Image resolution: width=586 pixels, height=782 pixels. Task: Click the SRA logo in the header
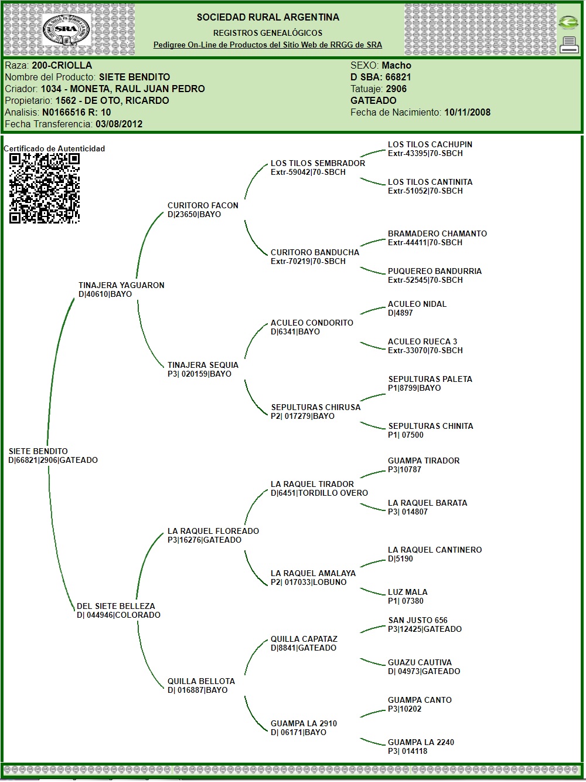(x=66, y=30)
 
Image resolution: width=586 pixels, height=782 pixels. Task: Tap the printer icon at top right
(x=568, y=45)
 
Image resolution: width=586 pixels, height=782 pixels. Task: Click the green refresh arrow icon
(x=568, y=22)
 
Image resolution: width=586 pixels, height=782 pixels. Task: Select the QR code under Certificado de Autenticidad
(x=45, y=188)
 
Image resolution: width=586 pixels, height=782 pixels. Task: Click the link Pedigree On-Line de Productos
(x=267, y=45)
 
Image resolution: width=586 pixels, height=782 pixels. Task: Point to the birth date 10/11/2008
(x=467, y=112)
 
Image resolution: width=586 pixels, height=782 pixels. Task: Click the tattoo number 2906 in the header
(x=396, y=89)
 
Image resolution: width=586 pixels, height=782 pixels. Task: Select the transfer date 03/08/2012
(x=119, y=124)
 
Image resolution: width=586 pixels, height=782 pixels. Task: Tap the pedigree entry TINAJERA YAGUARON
(x=121, y=285)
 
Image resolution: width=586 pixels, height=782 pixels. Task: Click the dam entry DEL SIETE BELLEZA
(x=116, y=606)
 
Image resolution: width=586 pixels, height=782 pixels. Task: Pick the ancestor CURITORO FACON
(x=203, y=205)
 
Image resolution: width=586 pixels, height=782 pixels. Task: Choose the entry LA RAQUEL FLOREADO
(x=213, y=531)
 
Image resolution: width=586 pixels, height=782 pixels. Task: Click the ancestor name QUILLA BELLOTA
(x=201, y=681)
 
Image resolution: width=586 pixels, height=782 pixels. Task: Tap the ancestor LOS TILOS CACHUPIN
(x=430, y=144)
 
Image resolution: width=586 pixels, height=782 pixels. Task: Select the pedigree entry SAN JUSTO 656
(x=418, y=620)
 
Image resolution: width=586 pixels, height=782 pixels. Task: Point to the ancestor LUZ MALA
(x=408, y=592)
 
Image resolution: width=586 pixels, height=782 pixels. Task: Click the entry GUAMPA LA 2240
(x=421, y=742)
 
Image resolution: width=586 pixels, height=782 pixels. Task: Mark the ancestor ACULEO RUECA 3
(x=423, y=341)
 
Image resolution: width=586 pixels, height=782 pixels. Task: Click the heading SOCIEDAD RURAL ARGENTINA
(x=268, y=17)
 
